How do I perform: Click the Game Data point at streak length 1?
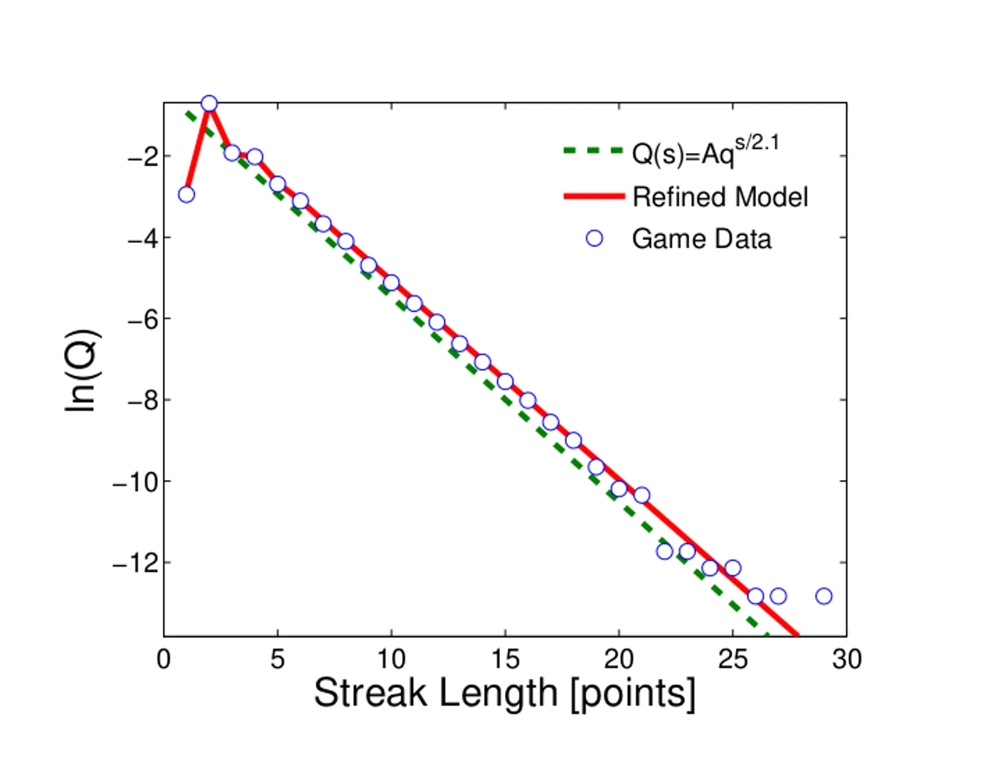pos(186,195)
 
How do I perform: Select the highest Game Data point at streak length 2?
pos(209,104)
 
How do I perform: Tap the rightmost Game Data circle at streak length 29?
pos(824,596)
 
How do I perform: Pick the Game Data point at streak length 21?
pos(641,495)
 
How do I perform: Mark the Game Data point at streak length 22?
pos(664,551)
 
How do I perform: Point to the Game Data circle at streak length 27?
pos(778,596)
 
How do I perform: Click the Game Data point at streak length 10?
pos(391,283)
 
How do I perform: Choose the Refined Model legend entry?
pos(719,197)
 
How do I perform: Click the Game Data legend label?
pos(701,239)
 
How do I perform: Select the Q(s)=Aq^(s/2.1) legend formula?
pos(705,152)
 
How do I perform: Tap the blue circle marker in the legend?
pos(594,239)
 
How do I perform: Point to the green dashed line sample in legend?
pos(593,150)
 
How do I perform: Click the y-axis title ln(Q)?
pos(81,370)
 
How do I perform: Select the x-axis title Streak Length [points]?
pos(504,693)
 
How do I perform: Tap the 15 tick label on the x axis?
pos(505,660)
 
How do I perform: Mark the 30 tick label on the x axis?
pos(846,660)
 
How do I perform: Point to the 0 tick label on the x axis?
pos(163,660)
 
